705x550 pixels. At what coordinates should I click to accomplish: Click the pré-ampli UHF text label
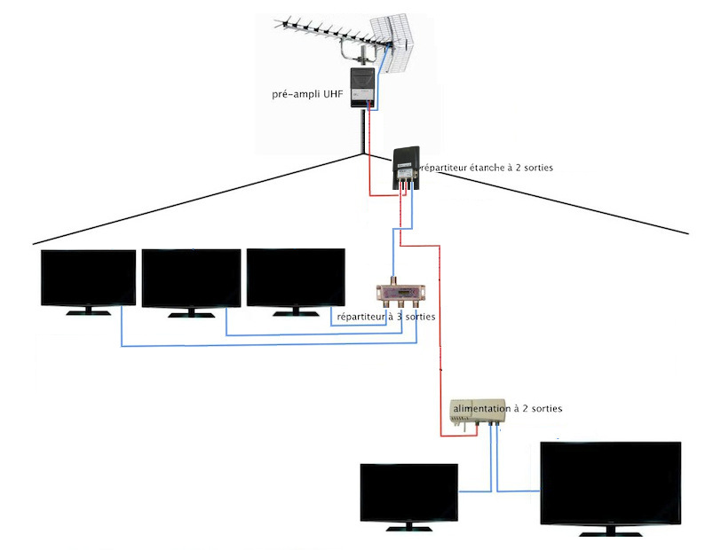tap(307, 94)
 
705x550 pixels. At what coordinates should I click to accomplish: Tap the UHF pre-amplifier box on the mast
tap(362, 87)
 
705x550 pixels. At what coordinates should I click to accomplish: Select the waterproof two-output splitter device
tap(407, 168)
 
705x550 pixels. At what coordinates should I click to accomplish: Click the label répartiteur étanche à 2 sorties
tap(486, 168)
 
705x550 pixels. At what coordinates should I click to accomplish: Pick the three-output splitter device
tap(400, 293)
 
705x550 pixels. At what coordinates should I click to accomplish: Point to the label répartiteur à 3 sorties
tap(385, 317)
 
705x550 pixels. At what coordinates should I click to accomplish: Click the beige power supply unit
tap(478, 411)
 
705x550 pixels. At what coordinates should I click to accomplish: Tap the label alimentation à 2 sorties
tap(508, 408)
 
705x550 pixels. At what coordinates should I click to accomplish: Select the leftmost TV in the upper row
tap(88, 283)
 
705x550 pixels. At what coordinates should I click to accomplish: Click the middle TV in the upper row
tap(191, 283)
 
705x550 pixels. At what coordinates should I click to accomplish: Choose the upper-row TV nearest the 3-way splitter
tap(296, 282)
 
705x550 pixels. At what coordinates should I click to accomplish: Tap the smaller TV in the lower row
tap(409, 498)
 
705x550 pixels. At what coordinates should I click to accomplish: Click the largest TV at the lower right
tap(611, 489)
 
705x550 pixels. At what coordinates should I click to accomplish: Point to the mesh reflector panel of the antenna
tap(392, 44)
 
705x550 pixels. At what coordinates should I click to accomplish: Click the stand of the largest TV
tap(611, 532)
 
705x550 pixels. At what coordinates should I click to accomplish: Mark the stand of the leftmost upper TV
tap(88, 311)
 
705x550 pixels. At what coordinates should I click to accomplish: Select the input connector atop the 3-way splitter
tap(393, 281)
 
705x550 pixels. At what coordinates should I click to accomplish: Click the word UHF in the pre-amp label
tap(333, 94)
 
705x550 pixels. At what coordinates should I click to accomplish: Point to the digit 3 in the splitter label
tap(400, 317)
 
